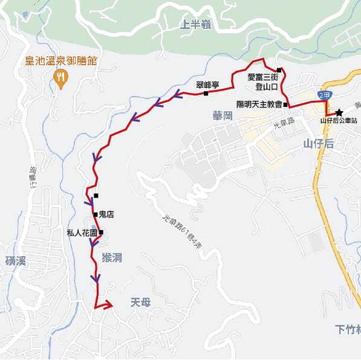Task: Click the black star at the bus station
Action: click(340, 112)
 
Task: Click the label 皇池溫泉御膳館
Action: click(60, 61)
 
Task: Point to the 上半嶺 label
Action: click(195, 25)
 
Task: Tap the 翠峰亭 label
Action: click(207, 85)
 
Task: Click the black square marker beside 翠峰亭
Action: click(206, 94)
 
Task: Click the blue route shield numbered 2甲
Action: click(325, 95)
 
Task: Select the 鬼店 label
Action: click(106, 214)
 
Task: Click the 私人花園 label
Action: click(82, 233)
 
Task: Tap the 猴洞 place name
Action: click(112, 258)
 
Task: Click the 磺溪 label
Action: click(15, 261)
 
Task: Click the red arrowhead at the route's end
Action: click(107, 305)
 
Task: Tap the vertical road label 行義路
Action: click(33, 179)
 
